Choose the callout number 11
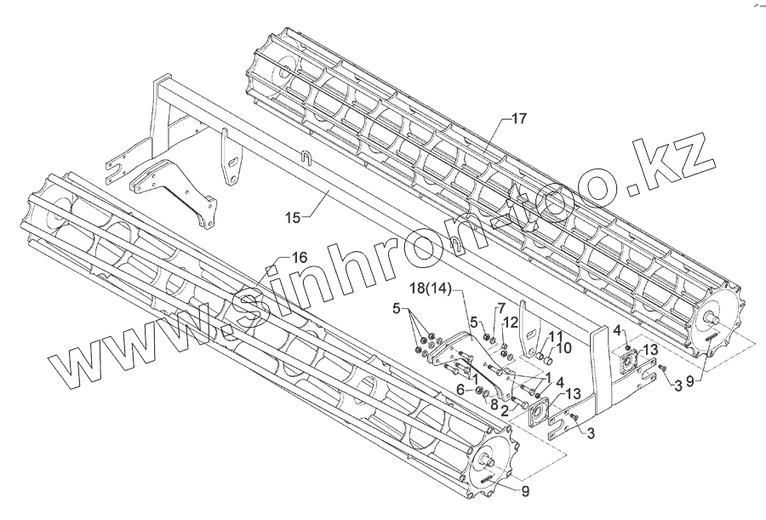click(555, 337)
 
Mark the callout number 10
click(563, 348)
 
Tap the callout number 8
click(494, 405)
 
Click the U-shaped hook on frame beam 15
click(305, 157)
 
